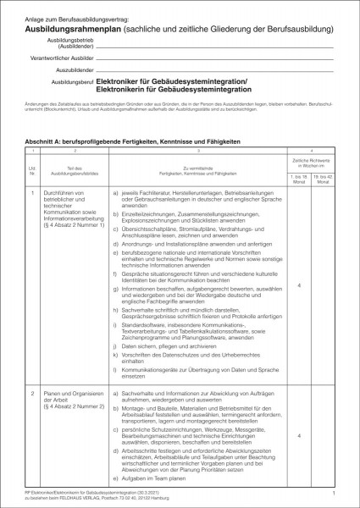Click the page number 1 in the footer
coord(335,491)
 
